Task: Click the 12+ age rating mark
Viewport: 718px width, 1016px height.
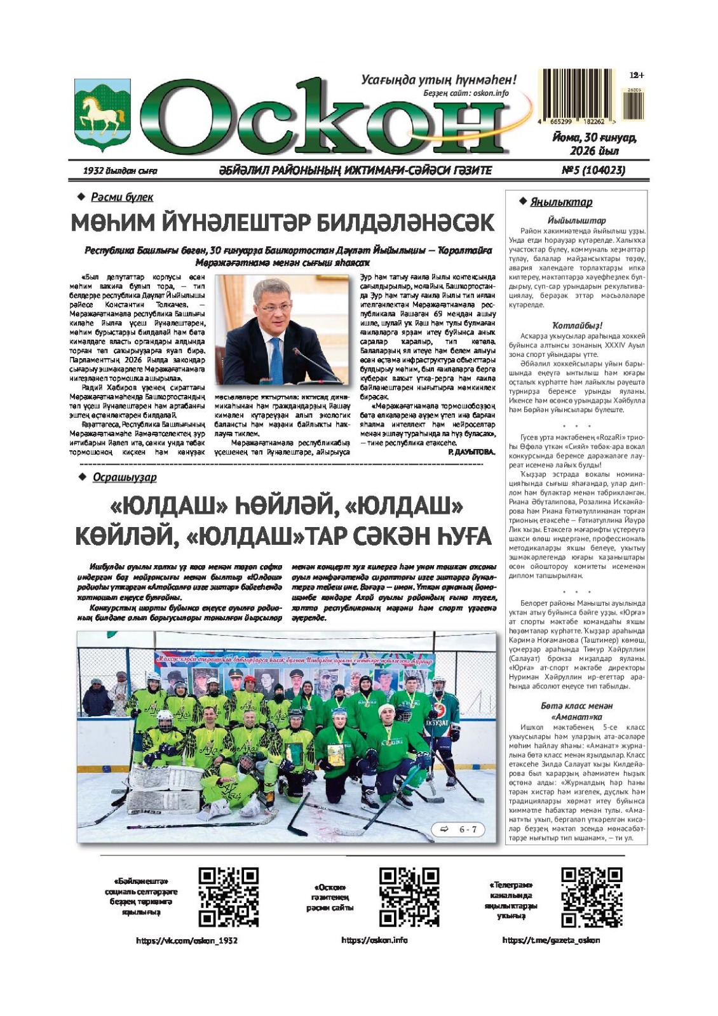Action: (x=636, y=75)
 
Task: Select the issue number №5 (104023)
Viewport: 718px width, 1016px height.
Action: (x=593, y=170)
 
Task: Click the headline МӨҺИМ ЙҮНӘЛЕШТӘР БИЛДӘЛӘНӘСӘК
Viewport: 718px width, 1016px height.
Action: (x=282, y=223)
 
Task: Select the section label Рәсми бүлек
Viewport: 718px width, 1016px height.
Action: (x=121, y=197)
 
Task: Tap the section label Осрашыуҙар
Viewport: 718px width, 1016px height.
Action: (x=124, y=478)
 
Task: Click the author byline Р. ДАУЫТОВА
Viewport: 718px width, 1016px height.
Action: (x=470, y=452)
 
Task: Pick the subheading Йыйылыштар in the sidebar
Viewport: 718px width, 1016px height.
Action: (x=576, y=220)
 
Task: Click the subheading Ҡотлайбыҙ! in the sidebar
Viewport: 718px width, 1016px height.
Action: (x=577, y=325)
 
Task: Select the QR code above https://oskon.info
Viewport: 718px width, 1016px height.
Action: (x=409, y=897)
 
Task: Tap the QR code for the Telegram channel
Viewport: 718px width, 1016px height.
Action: (x=592, y=897)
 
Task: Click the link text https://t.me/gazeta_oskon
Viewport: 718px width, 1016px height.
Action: (x=551, y=940)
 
